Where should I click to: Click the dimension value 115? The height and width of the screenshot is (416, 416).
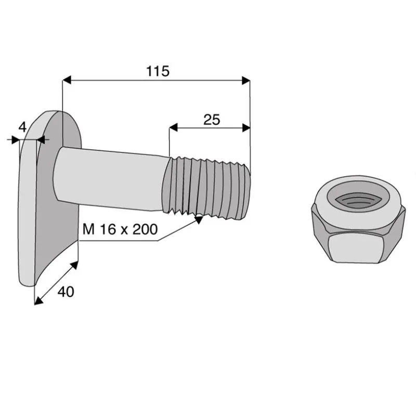[158, 71]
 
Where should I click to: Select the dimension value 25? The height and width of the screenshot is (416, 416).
[212, 120]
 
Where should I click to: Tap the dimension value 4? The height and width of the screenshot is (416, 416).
[22, 127]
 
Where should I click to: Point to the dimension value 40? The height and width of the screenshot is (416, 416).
[66, 292]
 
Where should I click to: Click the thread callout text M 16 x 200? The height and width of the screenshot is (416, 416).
[120, 229]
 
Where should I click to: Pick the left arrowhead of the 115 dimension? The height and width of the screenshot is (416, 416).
[67, 80]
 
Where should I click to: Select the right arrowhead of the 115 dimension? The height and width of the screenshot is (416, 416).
[246, 81]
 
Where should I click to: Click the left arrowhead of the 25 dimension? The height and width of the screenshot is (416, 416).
[173, 127]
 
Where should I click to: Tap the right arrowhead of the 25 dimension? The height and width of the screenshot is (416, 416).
[246, 128]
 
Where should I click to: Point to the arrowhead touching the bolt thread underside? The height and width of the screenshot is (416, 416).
[199, 219]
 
